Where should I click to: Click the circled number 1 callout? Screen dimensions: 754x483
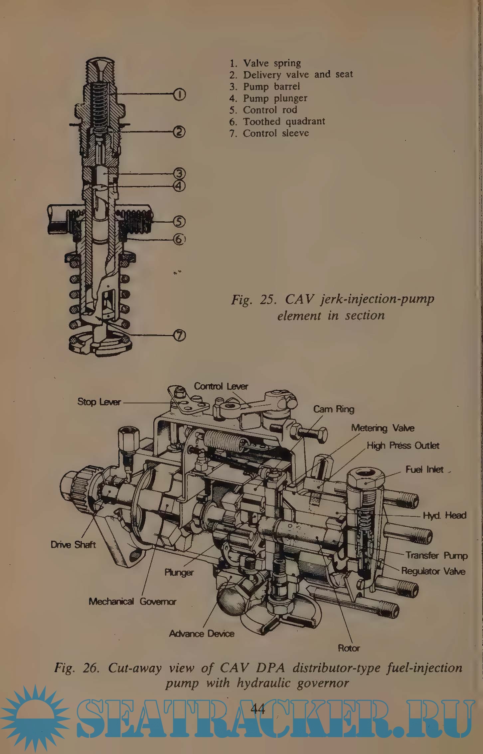pos(179,95)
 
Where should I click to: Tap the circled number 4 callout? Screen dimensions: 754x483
pos(179,186)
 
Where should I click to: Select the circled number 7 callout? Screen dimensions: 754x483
pos(179,336)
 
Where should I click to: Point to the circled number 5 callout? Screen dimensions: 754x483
pos(179,221)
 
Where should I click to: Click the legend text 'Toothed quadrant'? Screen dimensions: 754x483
pos(283,121)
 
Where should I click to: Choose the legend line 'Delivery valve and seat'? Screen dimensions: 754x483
pos(297,75)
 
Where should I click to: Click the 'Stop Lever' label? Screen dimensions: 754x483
pos(99,402)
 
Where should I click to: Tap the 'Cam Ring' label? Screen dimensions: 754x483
pos(334,409)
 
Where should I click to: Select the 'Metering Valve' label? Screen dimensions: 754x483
pos(383,428)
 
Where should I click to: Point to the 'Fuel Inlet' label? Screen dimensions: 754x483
pos(424,470)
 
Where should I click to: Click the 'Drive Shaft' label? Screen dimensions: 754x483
pos(73,545)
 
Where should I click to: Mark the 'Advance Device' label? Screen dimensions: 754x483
pos(202,634)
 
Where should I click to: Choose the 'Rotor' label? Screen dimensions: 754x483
pos(349,648)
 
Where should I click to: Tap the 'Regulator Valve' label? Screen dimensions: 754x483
pos(433,571)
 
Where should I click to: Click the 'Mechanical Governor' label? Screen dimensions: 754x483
pos(132,601)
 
